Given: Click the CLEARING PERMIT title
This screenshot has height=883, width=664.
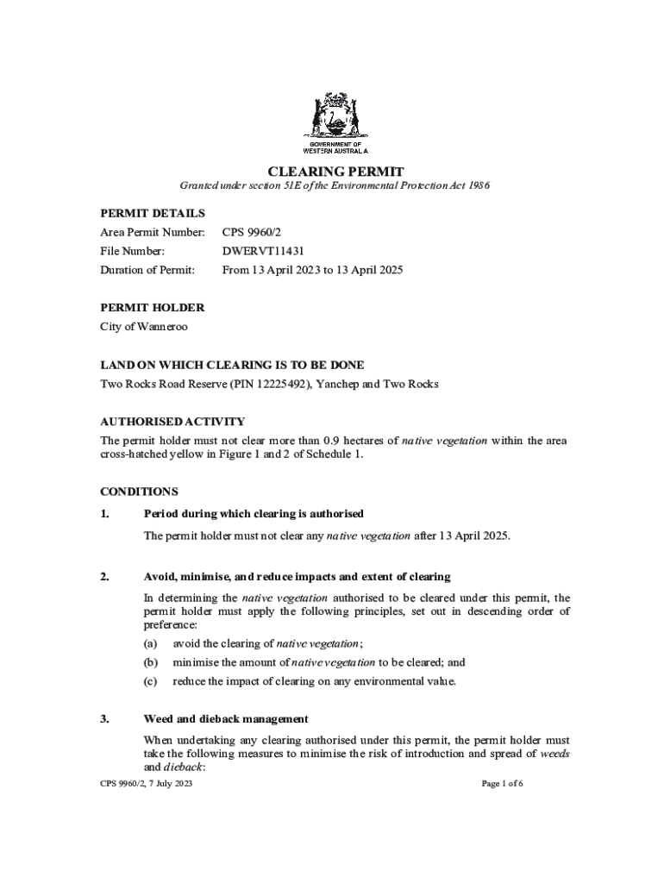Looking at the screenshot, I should click(x=335, y=171).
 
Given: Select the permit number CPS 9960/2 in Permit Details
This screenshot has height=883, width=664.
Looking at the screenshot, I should click(x=250, y=232).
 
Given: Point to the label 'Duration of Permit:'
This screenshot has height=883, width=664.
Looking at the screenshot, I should click(x=147, y=270).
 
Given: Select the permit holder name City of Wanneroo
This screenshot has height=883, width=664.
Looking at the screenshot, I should click(x=144, y=327).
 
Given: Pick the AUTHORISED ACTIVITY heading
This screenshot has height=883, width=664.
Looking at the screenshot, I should click(x=172, y=422).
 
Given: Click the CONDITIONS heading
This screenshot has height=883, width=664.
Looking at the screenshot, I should click(x=139, y=492).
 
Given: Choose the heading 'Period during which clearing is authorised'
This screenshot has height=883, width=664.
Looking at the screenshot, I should click(x=254, y=514).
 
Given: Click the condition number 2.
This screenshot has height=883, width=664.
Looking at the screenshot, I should click(x=104, y=576).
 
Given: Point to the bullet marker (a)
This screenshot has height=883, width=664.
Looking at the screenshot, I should click(x=150, y=643).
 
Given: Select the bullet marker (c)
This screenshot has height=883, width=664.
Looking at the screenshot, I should click(x=150, y=681).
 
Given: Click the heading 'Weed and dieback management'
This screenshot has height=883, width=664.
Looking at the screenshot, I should click(x=226, y=718).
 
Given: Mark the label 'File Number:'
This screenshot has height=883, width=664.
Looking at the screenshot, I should click(x=133, y=251).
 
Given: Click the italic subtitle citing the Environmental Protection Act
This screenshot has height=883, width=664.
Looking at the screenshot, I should click(x=335, y=186).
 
